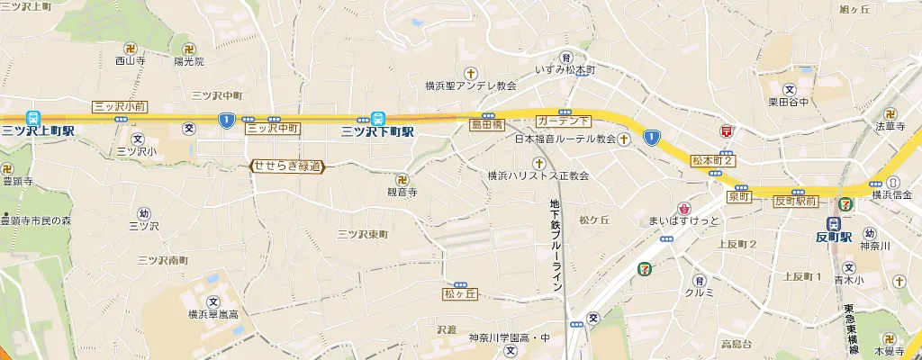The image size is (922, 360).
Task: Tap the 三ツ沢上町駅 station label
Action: point(37,131)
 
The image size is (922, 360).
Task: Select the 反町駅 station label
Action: point(833,238)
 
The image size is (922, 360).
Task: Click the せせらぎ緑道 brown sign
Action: point(286,166)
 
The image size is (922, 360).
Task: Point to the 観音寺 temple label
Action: point(402,192)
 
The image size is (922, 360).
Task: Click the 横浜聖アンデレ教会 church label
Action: point(471,86)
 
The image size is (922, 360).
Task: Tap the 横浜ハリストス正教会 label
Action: point(538,175)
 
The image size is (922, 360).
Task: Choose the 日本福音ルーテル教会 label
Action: point(565,139)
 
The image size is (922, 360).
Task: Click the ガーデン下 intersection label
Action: point(563,120)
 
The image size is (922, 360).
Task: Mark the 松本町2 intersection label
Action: point(713,160)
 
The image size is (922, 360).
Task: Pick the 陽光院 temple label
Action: point(189,61)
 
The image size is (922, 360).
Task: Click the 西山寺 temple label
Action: point(131,61)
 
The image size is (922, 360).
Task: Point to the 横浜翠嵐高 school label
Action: point(212,314)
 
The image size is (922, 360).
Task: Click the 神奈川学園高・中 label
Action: point(509,338)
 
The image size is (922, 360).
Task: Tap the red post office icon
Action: point(726,131)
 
